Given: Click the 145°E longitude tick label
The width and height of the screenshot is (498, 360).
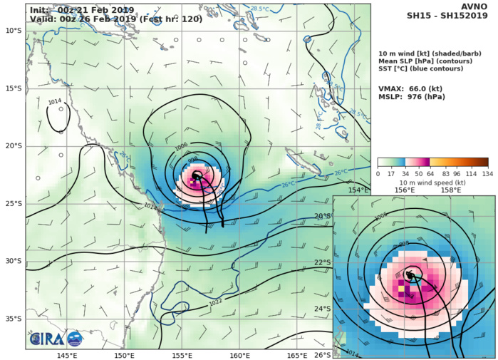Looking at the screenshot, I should (x=67, y=355).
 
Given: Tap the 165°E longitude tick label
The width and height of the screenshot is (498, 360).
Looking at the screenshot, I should (x=297, y=355).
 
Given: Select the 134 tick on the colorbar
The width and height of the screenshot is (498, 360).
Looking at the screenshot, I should (x=488, y=173).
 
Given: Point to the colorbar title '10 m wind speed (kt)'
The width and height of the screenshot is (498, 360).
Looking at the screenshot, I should (x=432, y=182).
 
